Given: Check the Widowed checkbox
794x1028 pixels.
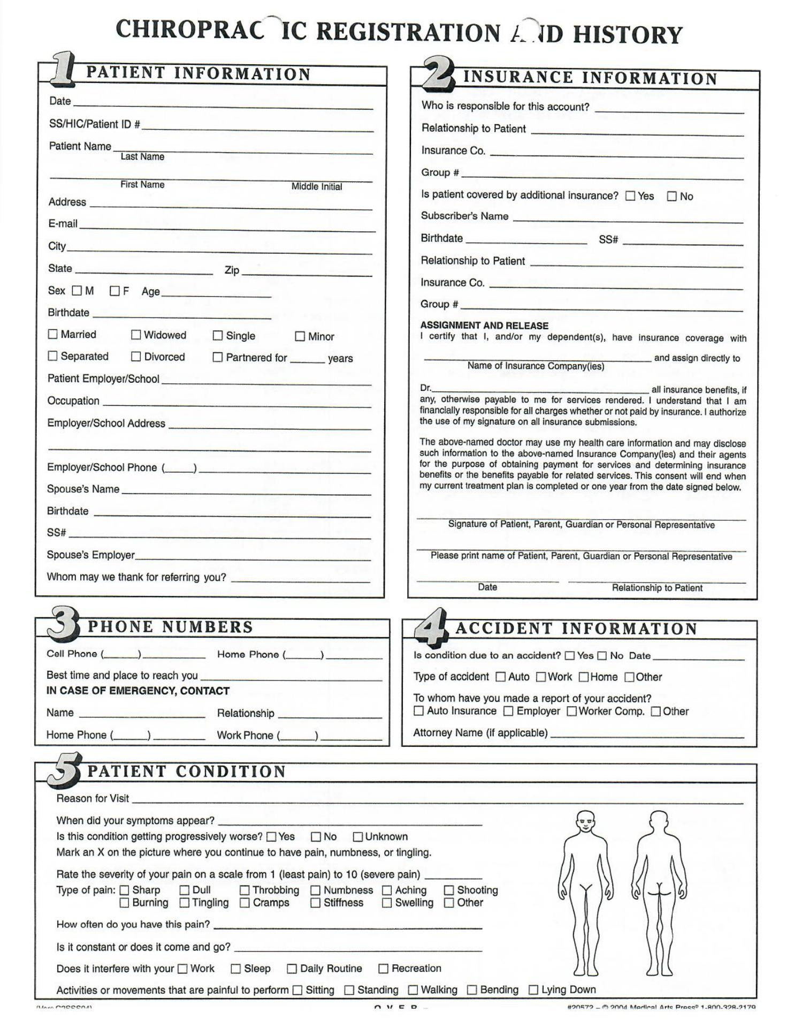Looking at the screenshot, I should [x=136, y=335].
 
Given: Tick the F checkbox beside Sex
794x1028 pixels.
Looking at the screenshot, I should [x=114, y=291].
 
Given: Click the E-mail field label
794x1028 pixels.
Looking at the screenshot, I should [x=63, y=224].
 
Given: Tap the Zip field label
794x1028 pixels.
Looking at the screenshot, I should [x=232, y=270].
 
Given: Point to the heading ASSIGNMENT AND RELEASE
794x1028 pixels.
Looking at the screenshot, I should [x=484, y=326].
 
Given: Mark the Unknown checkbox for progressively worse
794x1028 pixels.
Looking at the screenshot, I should [x=358, y=836].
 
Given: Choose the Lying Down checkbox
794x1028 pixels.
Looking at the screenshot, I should [x=533, y=990].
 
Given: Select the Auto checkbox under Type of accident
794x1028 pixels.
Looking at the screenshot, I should [x=500, y=677].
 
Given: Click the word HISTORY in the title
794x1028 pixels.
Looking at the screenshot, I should [x=628, y=35].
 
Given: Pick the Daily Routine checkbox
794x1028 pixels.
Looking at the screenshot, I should [x=292, y=969].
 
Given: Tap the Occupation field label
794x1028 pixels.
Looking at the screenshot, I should [x=73, y=401].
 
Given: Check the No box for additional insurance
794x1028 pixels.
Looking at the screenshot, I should [x=671, y=196].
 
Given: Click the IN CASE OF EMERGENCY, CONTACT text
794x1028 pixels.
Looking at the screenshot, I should [x=138, y=691].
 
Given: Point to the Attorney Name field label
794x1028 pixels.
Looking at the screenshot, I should [x=480, y=732].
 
